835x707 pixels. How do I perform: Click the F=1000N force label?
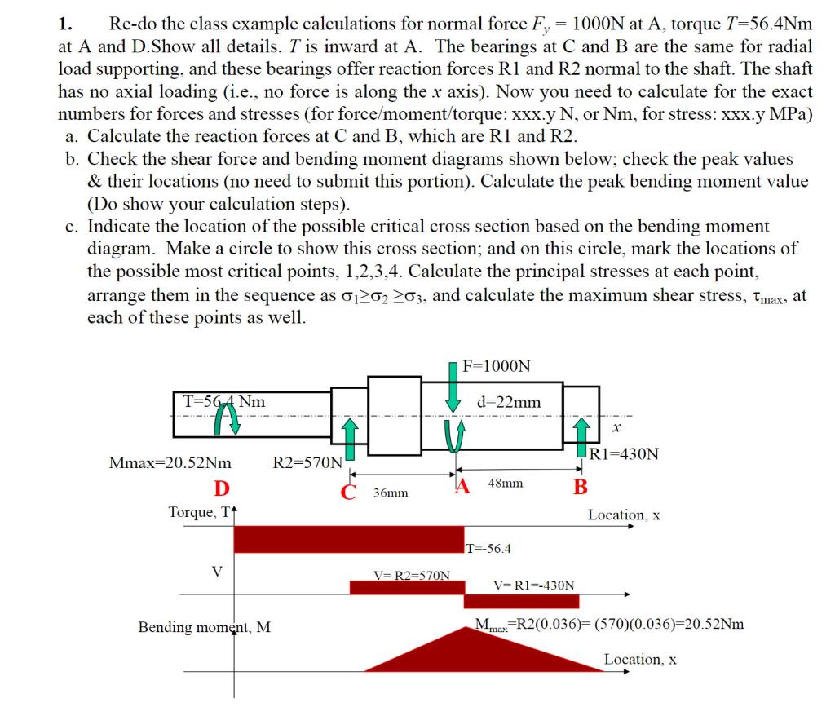point(496,366)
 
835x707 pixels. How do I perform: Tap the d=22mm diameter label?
point(509,402)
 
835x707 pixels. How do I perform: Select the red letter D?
point(221,488)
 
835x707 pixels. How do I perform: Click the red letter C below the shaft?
point(349,491)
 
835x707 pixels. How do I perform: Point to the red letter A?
point(463,488)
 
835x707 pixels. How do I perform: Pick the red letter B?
point(580,488)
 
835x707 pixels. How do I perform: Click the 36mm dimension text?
point(391,493)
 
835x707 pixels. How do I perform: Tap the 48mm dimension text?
point(505,484)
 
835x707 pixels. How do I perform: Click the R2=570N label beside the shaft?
point(307,463)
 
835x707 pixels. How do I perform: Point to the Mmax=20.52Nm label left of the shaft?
point(170,463)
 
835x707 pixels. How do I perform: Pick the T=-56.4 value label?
point(488,548)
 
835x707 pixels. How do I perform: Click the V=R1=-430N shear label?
point(534,585)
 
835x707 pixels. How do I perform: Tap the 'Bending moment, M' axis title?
point(205,627)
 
